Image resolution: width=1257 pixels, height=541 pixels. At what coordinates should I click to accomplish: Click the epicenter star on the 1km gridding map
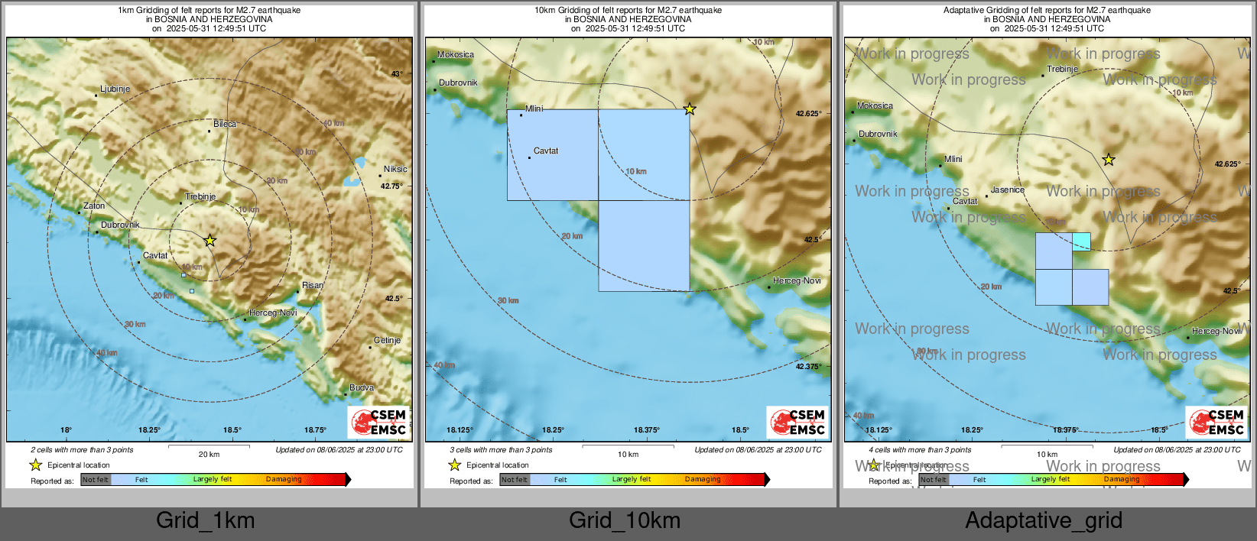[210, 241]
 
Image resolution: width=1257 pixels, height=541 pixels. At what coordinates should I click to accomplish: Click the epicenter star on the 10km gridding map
[690, 109]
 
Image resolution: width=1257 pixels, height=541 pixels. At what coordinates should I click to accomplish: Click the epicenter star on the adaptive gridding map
[1109, 160]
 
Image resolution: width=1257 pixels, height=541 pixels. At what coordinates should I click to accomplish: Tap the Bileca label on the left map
[225, 124]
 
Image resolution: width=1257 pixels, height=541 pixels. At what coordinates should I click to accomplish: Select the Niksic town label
[395, 169]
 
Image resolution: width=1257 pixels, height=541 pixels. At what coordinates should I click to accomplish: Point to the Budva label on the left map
[362, 387]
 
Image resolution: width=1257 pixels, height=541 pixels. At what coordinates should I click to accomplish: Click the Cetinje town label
[387, 340]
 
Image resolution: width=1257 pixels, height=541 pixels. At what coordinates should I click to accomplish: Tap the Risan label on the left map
[312, 285]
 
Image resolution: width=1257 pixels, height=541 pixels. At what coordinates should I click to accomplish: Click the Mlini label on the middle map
[534, 109]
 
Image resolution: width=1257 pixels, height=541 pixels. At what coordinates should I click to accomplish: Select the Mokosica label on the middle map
[456, 54]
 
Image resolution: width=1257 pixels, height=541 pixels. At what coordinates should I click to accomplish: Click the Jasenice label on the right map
[1008, 190]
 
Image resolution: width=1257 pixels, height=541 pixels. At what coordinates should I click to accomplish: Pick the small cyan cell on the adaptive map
[1081, 241]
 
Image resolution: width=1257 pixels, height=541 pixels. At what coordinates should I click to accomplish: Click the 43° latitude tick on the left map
[397, 74]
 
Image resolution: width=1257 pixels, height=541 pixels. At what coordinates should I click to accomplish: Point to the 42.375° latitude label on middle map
[808, 366]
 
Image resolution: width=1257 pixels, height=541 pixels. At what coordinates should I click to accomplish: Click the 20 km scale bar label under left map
[209, 454]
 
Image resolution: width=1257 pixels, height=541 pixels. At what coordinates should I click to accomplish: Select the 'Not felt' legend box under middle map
[515, 480]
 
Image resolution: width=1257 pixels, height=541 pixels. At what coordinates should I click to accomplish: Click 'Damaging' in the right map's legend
[1122, 479]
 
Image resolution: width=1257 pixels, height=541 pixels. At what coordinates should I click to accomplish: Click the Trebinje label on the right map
[1062, 69]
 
